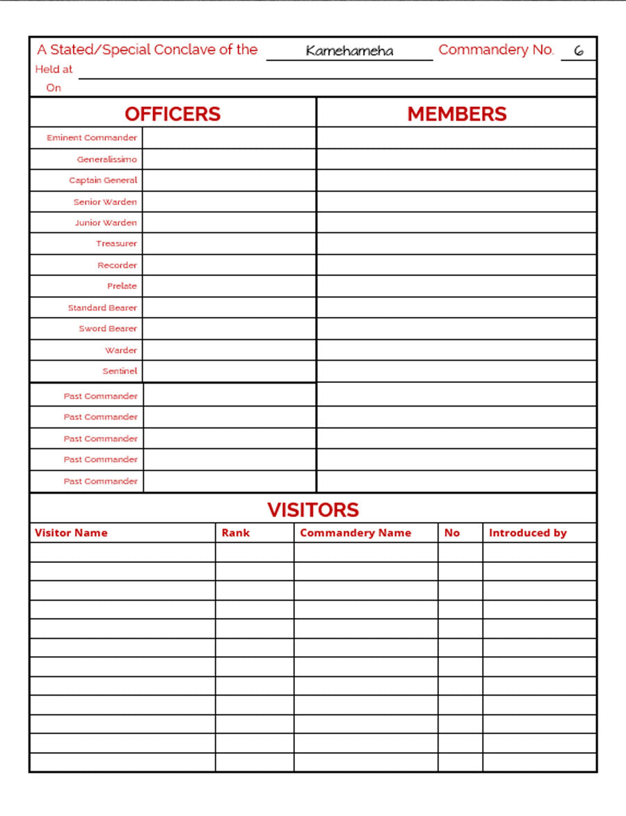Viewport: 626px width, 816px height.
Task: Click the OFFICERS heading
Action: (172, 114)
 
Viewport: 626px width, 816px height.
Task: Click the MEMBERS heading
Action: (457, 114)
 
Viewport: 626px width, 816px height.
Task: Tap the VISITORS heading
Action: (313, 509)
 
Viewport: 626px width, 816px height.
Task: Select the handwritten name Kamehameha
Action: (349, 51)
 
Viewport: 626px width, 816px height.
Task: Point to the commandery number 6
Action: (578, 51)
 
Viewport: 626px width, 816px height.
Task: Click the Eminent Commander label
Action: (92, 138)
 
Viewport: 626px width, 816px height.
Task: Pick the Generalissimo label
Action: (107, 159)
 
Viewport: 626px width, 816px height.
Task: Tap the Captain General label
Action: (103, 180)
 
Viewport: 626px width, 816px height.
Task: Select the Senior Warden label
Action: (105, 202)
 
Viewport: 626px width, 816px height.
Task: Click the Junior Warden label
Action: (106, 222)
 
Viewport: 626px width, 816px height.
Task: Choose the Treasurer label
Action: (116, 243)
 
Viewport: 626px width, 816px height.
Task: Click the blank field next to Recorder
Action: (229, 265)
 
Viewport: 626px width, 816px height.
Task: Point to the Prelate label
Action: (122, 286)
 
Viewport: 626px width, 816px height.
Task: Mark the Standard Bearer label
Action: (102, 307)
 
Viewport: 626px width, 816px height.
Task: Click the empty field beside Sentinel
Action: (229, 371)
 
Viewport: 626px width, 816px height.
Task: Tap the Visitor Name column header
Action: (71, 532)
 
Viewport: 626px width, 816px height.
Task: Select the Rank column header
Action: (235, 532)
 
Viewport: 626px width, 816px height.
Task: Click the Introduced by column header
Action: (527, 532)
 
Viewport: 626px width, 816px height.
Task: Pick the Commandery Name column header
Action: (355, 532)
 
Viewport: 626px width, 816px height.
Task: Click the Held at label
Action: (54, 70)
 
